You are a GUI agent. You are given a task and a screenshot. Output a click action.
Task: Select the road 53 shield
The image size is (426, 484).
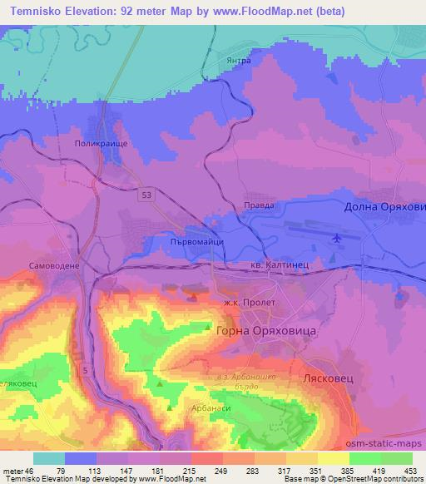click(146, 194)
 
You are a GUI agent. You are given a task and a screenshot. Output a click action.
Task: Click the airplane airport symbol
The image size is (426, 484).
click(337, 240)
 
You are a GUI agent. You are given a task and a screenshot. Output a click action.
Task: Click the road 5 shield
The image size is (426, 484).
click(86, 368)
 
